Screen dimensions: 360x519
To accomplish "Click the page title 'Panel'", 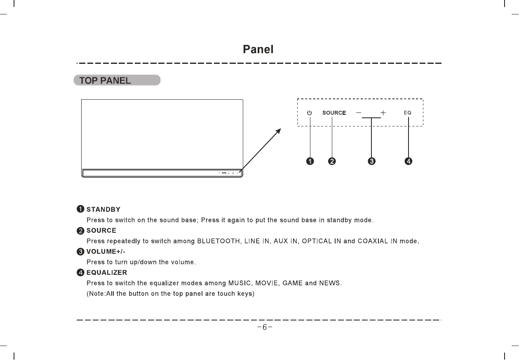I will [258, 50].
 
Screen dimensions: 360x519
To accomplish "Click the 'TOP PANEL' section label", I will [106, 81].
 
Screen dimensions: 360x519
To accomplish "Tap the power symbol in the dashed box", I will [310, 113].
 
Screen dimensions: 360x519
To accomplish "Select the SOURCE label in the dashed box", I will [334, 113].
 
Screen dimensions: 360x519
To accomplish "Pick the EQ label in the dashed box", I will [407, 113].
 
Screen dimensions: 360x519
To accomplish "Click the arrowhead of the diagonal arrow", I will [279, 131].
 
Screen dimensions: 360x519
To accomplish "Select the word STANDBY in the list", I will [103, 210].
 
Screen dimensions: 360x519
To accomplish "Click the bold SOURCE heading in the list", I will [101, 230].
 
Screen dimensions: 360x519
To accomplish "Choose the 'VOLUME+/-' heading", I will [106, 251].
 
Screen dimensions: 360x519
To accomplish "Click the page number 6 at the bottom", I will [265, 327].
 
